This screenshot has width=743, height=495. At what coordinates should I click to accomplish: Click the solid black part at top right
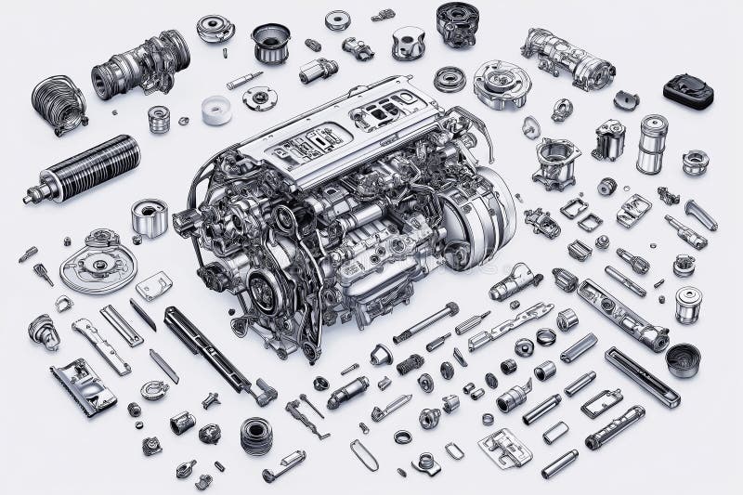tap(688, 91)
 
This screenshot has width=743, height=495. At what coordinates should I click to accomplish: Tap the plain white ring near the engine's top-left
tap(216, 111)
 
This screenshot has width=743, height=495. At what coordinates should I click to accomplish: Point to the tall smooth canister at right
tap(652, 144)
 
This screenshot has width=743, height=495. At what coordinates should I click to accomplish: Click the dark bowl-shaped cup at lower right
tap(684, 359)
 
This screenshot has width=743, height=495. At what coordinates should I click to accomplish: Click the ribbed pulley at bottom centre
tap(256, 436)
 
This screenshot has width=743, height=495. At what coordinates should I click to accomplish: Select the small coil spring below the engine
tap(410, 364)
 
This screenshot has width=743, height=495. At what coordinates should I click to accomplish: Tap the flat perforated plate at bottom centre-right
tap(505, 448)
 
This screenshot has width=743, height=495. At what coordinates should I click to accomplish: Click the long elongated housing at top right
tap(567, 58)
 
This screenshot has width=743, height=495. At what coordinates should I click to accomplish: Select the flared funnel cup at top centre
tap(270, 42)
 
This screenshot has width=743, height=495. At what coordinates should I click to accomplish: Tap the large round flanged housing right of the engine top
tap(502, 85)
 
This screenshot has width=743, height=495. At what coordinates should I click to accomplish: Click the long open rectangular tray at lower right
tap(642, 376)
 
